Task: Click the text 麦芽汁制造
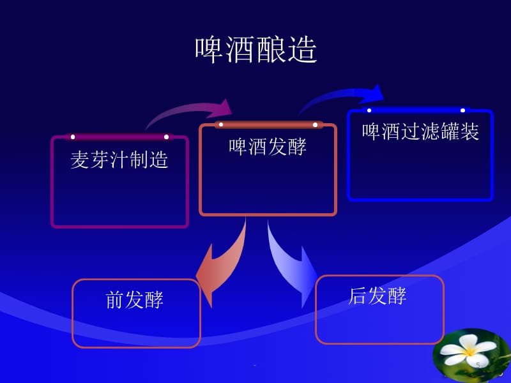click(x=119, y=159)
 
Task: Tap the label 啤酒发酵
click(x=268, y=146)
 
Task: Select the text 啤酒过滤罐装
click(x=420, y=131)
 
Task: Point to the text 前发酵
click(x=135, y=299)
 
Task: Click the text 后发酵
click(x=378, y=296)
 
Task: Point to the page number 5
click(x=478, y=364)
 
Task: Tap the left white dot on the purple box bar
click(x=73, y=137)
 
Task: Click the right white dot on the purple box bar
click(x=167, y=137)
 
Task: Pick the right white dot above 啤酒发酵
click(x=315, y=124)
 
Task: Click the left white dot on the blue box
click(x=369, y=110)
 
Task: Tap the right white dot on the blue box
click(x=463, y=110)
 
